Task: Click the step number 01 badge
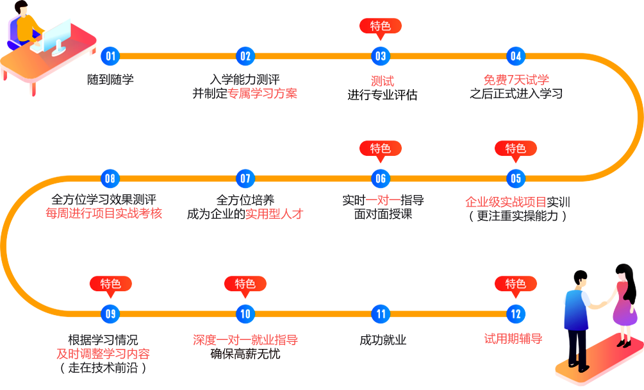tap(111, 56)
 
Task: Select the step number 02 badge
tap(245, 56)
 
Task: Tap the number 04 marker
tap(516, 56)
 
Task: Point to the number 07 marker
tap(245, 179)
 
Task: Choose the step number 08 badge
tap(111, 179)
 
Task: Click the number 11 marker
tap(381, 314)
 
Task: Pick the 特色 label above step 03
tap(381, 26)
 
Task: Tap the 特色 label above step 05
tap(516, 149)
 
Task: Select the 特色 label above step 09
tap(111, 284)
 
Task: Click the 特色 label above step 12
tap(516, 284)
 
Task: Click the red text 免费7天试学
tap(516, 80)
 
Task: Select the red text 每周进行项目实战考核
tap(103, 214)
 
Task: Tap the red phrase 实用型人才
tap(275, 214)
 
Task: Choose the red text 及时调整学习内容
tap(103, 353)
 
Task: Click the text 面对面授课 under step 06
tap(381, 214)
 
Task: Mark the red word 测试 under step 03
tap(382, 81)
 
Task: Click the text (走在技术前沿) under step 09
tap(103, 368)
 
